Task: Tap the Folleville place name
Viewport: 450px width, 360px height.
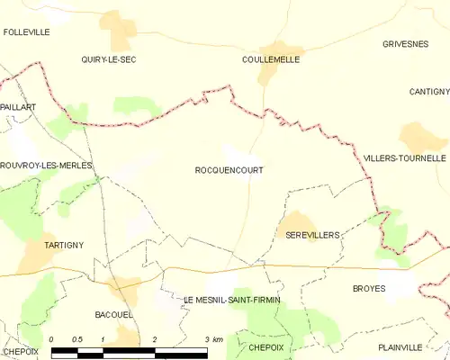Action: tap(26, 31)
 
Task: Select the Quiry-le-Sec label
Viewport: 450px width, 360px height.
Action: tap(108, 59)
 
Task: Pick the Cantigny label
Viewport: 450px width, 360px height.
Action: tap(428, 92)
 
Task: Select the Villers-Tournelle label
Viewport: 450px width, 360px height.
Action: tap(404, 157)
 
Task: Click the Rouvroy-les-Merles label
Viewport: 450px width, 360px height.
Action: tap(47, 166)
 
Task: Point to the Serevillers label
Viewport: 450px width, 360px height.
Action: tap(311, 235)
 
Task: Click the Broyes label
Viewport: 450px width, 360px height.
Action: tap(369, 289)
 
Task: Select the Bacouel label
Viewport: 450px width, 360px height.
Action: tap(114, 314)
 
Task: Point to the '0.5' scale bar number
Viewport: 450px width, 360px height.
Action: tap(77, 339)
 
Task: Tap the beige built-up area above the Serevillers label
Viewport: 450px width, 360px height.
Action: tap(297, 221)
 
